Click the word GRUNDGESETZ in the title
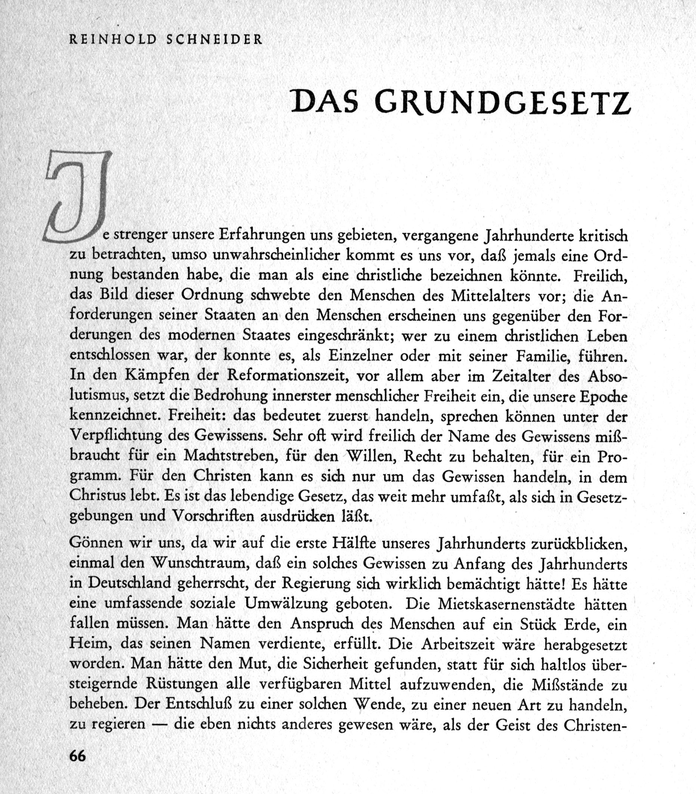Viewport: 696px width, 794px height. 502,102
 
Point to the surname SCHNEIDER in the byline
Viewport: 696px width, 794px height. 214,40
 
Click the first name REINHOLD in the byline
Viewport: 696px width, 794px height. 113,40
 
